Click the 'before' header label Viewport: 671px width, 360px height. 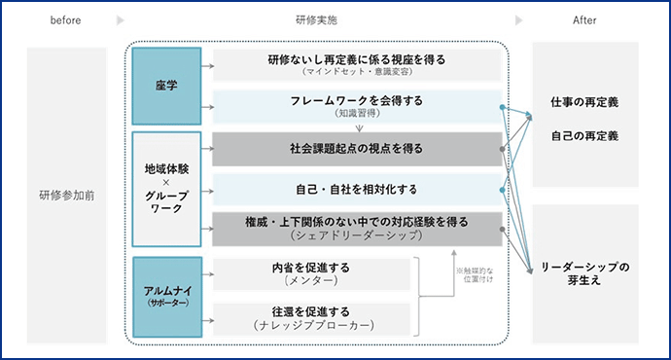tap(59, 19)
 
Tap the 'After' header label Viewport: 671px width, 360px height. tap(584, 19)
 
